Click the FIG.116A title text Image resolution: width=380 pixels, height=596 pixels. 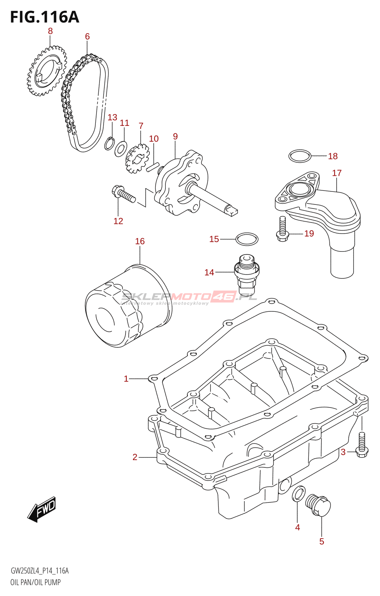(x=45, y=17)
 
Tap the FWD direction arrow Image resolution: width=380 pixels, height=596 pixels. (x=42, y=509)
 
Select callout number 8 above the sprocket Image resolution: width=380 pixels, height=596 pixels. (x=50, y=31)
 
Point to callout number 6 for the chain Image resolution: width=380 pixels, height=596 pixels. (x=87, y=37)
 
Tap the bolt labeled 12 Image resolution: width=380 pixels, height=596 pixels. (x=124, y=194)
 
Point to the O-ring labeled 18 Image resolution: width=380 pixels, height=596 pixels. (x=300, y=156)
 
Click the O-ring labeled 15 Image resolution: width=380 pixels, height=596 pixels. (x=247, y=239)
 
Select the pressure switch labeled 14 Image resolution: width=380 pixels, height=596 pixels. (x=246, y=274)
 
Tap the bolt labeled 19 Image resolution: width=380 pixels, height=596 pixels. (x=282, y=229)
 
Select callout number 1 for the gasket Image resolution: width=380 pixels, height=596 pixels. (x=126, y=379)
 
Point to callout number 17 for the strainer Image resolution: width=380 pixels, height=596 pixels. (x=337, y=173)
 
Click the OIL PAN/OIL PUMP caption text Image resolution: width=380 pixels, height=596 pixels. (x=35, y=582)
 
